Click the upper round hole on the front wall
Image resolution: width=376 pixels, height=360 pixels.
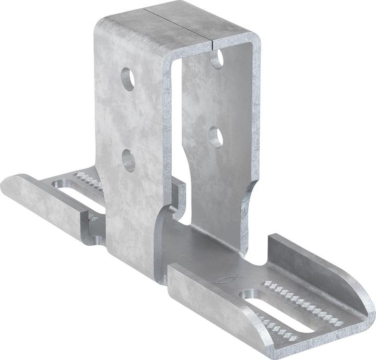tap(128, 78)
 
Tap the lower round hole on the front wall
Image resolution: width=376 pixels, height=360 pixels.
tap(128, 160)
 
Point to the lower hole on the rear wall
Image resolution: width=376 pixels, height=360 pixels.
tap(217, 137)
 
